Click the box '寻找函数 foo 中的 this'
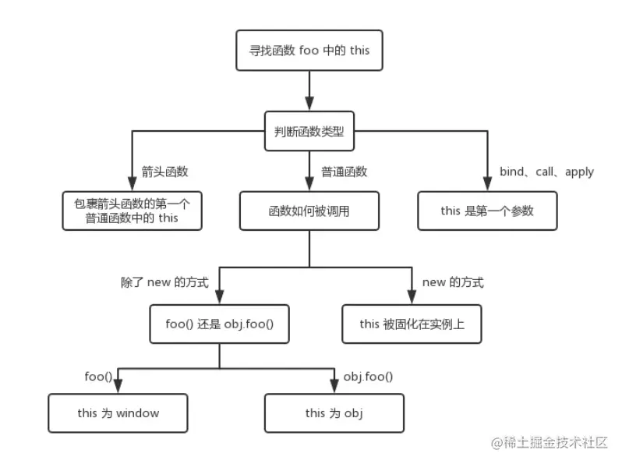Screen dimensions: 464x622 (309, 51)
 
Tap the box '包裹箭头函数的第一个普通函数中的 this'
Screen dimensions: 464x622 (133, 211)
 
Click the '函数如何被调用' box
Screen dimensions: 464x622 (309, 211)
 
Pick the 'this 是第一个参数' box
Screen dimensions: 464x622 (487, 211)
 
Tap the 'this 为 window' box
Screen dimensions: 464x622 (118, 413)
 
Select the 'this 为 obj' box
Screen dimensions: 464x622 (334, 413)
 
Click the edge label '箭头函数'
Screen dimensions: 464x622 (164, 172)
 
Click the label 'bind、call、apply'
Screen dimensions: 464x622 (546, 172)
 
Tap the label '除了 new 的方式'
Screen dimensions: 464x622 (164, 282)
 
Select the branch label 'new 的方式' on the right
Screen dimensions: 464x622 (452, 282)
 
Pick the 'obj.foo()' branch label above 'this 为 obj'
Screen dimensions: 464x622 (368, 377)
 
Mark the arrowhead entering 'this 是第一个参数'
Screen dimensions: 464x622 (487, 184)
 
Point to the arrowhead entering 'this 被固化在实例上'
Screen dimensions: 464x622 (412, 298)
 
